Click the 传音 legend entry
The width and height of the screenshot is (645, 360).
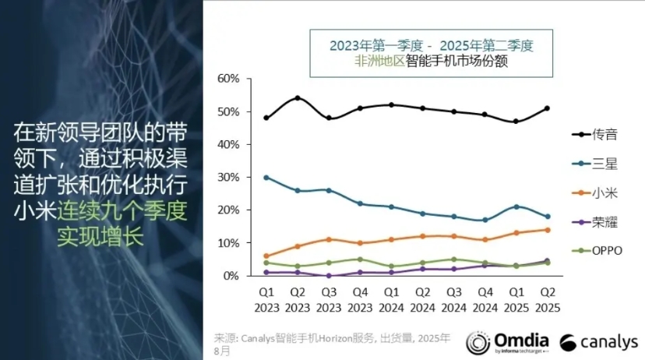594,134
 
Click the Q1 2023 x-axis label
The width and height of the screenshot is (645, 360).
266,299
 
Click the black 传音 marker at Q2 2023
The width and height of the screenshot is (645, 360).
298,98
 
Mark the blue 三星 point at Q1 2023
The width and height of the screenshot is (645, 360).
266,178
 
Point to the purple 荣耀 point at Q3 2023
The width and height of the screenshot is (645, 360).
329,276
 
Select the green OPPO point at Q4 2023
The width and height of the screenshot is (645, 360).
360,259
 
